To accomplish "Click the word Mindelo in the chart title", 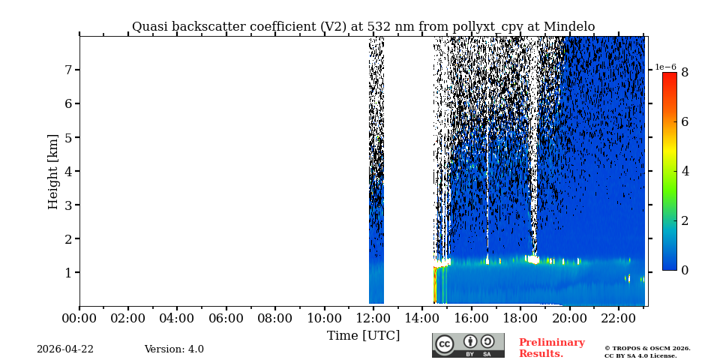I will pyautogui.click(x=569, y=27).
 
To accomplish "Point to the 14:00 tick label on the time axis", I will pyautogui.click(x=422, y=318).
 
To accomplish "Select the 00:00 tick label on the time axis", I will pyautogui.click(x=79, y=318).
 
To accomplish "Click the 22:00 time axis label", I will pyautogui.click(x=618, y=318).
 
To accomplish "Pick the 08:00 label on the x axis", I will pyautogui.click(x=275, y=318).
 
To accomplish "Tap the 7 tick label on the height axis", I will pyautogui.click(x=67, y=70).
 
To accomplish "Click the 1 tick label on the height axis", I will pyautogui.click(x=67, y=272).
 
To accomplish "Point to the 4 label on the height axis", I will pyautogui.click(x=67, y=171).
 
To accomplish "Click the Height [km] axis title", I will pyautogui.click(x=53, y=171).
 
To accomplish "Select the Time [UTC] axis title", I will pyautogui.click(x=363, y=335).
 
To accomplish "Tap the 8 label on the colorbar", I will pyautogui.click(x=684, y=73).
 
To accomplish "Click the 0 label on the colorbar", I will pyautogui.click(x=684, y=270).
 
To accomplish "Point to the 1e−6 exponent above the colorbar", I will pyautogui.click(x=665, y=67).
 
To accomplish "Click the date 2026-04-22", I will pyautogui.click(x=65, y=349).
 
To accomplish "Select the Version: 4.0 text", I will pyautogui.click(x=174, y=349).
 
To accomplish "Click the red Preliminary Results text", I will pyautogui.click(x=551, y=348).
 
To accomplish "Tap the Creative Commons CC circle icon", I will pyautogui.click(x=445, y=343).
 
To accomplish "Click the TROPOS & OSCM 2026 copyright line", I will pyautogui.click(x=647, y=348).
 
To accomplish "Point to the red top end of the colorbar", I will pyautogui.click(x=669, y=76).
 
